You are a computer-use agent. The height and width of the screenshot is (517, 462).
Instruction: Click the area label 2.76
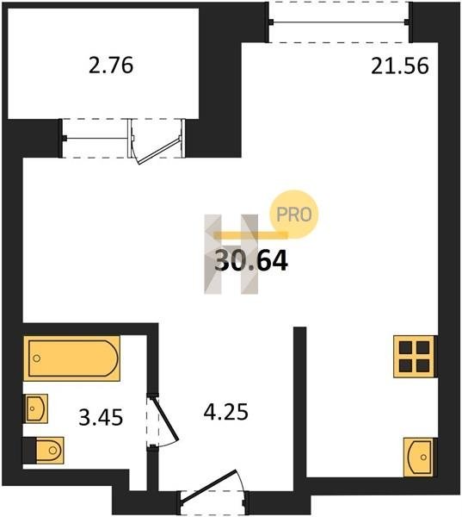(x=111, y=65)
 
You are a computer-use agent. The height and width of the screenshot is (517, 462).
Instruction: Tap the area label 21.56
(x=400, y=65)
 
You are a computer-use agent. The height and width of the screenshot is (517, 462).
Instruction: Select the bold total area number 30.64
(x=251, y=260)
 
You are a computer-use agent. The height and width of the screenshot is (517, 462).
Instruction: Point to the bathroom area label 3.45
(x=101, y=417)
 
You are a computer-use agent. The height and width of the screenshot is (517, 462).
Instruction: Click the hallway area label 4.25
(x=225, y=412)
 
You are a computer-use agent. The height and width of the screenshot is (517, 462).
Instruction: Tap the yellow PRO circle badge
(x=294, y=215)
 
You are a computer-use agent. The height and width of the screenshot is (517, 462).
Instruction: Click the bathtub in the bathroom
(x=71, y=358)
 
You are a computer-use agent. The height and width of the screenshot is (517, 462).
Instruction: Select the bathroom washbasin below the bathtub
(x=35, y=408)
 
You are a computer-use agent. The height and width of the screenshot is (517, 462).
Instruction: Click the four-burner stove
(x=416, y=357)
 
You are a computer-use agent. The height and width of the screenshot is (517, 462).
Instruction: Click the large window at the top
(x=339, y=22)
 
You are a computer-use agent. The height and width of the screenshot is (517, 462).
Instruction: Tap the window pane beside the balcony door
(x=96, y=138)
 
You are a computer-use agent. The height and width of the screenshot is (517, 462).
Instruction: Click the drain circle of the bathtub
(x=36, y=358)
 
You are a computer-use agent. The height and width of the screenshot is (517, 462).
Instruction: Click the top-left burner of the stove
(x=406, y=348)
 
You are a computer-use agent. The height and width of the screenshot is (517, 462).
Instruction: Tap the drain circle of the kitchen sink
(x=423, y=458)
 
